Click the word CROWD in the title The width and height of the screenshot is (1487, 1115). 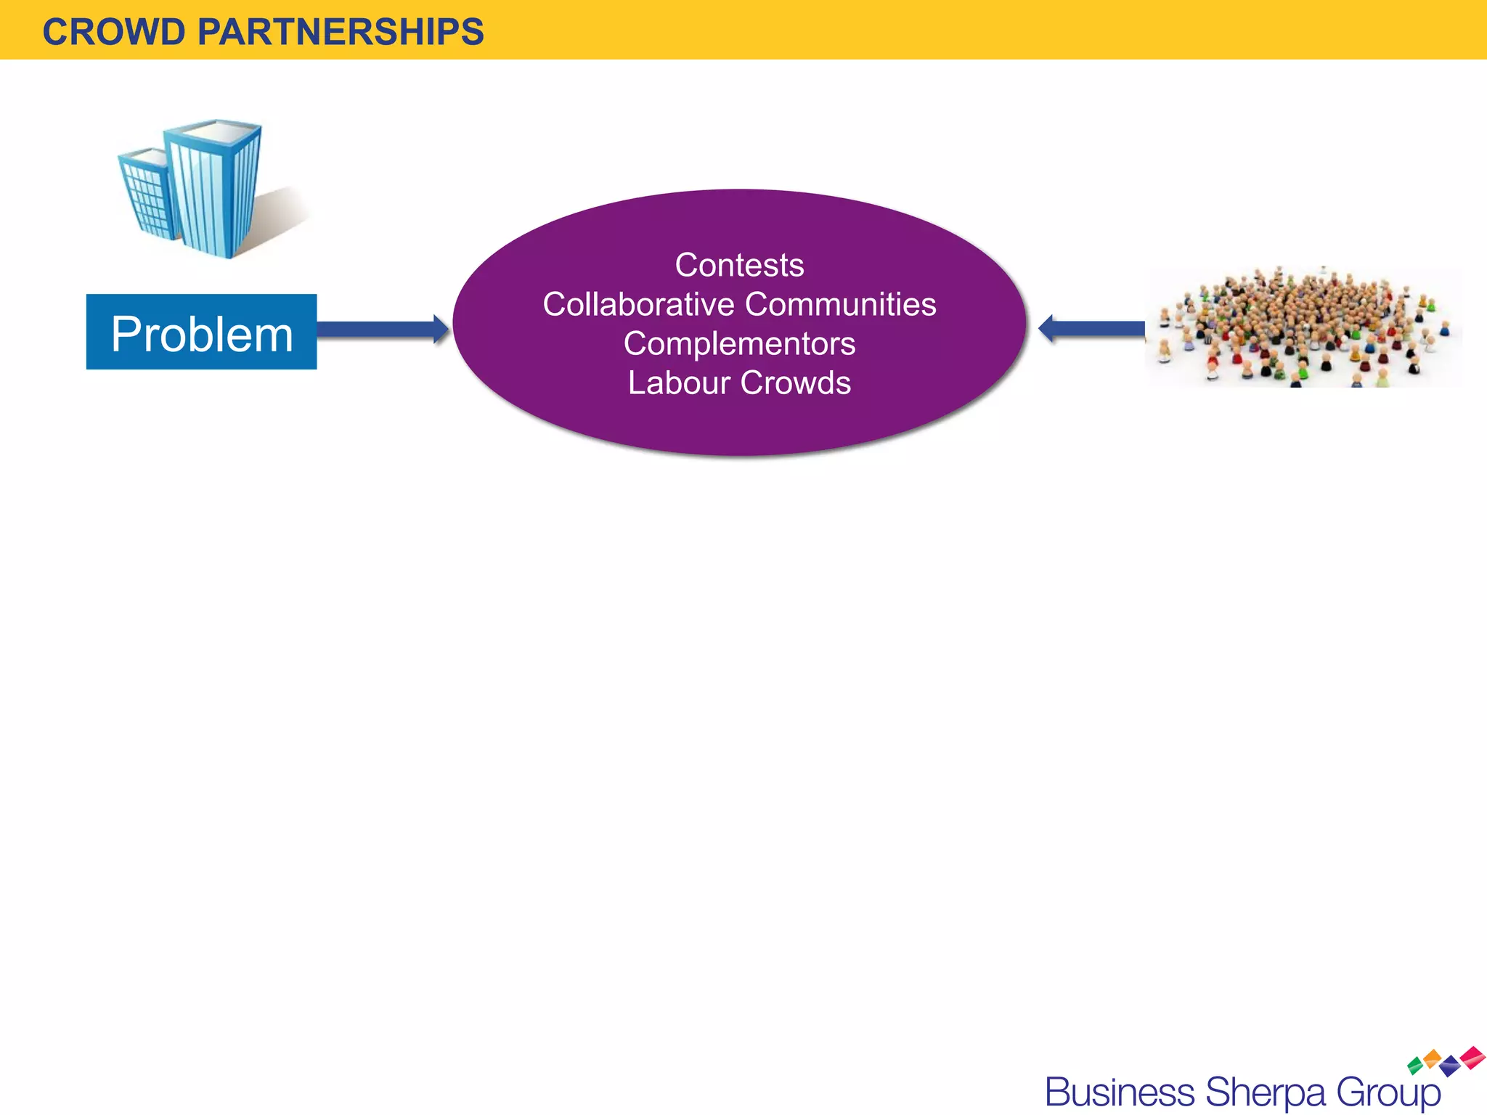(114, 32)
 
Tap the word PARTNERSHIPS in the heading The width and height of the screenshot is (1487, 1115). (341, 32)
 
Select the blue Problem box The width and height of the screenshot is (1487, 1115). (201, 332)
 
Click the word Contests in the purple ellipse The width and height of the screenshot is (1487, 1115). (739, 265)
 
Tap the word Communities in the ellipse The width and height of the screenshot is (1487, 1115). (840, 304)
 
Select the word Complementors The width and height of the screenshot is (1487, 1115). (739, 343)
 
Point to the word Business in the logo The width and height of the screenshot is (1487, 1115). (1120, 1092)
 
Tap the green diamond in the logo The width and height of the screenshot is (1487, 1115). (1415, 1066)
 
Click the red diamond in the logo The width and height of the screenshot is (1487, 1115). (1473, 1057)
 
